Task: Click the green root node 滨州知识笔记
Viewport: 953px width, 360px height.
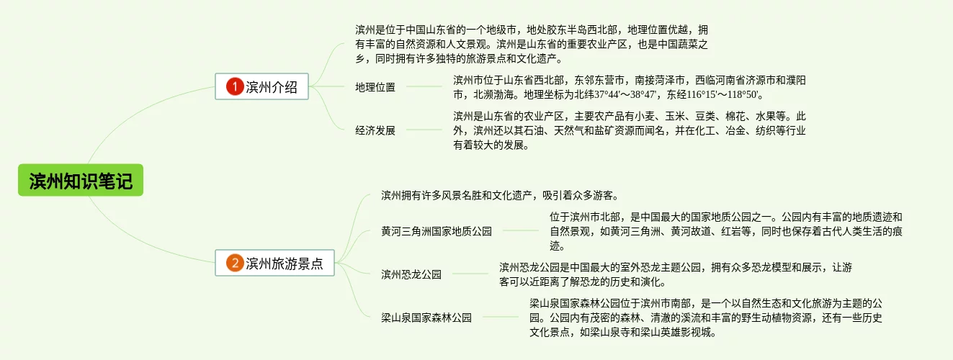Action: [x=81, y=180]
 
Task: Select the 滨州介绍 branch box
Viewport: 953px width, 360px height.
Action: [x=262, y=87]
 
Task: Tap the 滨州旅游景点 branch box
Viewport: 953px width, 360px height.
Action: [x=275, y=264]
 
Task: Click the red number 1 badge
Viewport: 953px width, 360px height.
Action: [x=235, y=87]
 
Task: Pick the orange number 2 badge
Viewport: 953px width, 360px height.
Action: [x=235, y=264]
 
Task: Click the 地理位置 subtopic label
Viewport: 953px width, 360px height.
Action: [x=375, y=87]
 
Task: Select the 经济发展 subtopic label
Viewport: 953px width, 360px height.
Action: [x=375, y=130]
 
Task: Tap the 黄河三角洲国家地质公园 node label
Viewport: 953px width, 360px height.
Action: [x=437, y=231]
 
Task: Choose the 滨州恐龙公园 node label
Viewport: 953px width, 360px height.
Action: [x=411, y=274]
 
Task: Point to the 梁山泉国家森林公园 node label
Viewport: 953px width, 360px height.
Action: [x=426, y=318]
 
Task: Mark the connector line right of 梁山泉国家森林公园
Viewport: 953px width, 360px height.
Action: [x=500, y=318]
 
